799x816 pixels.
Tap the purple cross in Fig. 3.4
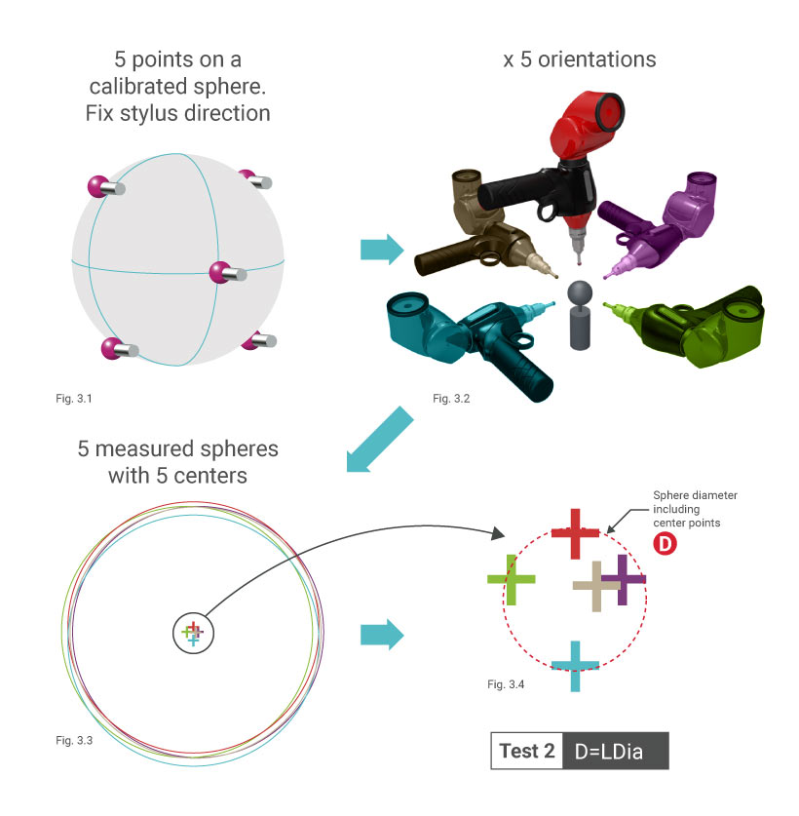pos(623,581)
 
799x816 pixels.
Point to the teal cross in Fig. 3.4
pos(575,667)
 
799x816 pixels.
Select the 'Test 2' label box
pos(527,751)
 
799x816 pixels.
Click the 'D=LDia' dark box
pos(616,751)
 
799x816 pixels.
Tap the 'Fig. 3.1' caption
pos(71,399)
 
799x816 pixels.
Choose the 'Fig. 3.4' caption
pos(506,684)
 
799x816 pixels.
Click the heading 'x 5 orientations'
pos(579,59)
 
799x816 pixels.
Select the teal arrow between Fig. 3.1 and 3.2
pos(381,250)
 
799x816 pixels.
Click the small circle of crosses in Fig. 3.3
pos(192,634)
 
